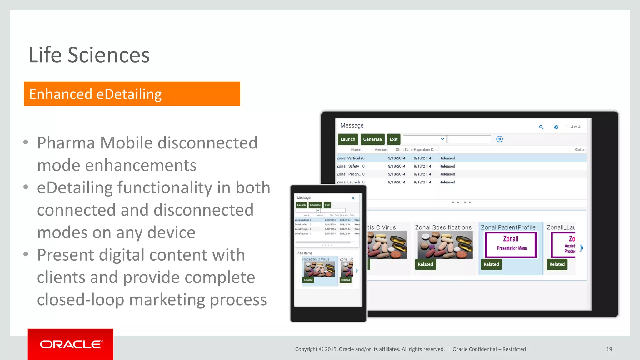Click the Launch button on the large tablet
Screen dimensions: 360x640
point(348,139)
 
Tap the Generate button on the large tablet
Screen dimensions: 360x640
point(372,139)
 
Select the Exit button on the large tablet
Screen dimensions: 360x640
point(393,139)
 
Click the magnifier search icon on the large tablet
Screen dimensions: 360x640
point(541,127)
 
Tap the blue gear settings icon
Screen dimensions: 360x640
point(556,127)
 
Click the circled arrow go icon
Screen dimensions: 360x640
point(499,139)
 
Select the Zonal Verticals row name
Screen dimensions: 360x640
point(349,158)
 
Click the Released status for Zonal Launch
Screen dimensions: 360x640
point(447,182)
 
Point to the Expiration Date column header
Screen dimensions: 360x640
point(426,150)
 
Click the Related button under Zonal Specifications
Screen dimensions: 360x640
point(425,264)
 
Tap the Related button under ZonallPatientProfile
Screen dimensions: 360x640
point(491,264)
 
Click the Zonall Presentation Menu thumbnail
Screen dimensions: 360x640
point(511,245)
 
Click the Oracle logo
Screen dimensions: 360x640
point(71,344)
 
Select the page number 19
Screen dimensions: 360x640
point(609,349)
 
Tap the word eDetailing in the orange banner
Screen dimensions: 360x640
point(129,94)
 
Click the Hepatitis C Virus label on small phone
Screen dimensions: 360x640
point(316,259)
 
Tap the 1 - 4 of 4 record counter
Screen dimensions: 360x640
point(573,127)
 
